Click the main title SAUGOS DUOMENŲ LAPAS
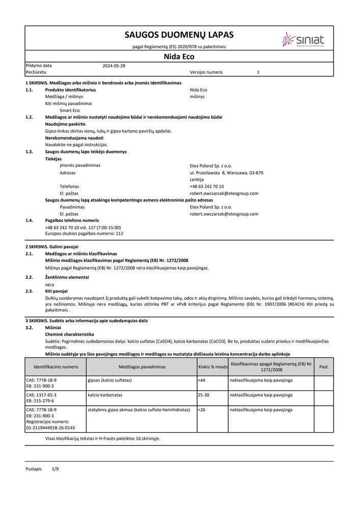(179, 35)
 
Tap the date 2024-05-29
(114, 66)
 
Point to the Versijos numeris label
(206, 72)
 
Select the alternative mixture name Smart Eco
(70, 110)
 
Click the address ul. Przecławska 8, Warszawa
(226, 173)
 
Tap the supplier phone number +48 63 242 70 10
(206, 186)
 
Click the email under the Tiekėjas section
(224, 193)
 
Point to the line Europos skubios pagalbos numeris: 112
(84, 234)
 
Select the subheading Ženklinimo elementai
(67, 277)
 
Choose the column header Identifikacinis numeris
(56, 366)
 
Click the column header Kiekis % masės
(212, 366)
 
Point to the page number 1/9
(56, 468)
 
